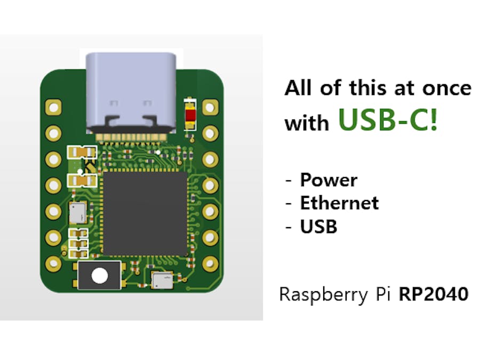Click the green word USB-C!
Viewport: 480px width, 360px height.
pyautogui.click(x=388, y=121)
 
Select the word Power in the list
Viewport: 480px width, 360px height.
pyautogui.click(x=329, y=180)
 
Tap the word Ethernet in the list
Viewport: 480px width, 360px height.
pyautogui.click(x=339, y=203)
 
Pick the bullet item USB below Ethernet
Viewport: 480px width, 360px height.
pyautogui.click(x=319, y=227)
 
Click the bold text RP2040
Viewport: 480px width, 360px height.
pyautogui.click(x=434, y=294)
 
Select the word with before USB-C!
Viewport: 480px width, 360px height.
pyautogui.click(x=306, y=123)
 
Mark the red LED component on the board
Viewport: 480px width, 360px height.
pyautogui.click(x=190, y=114)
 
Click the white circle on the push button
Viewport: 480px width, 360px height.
pyautogui.click(x=99, y=276)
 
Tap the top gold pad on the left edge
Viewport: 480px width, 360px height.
pyautogui.click(x=53, y=107)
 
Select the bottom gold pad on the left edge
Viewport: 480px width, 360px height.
pyautogui.click(x=53, y=262)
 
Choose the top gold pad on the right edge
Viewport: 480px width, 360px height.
pyautogui.click(x=210, y=107)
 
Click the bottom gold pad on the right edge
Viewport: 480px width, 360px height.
pyautogui.click(x=210, y=262)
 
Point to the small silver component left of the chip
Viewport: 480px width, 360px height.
pyautogui.click(x=77, y=212)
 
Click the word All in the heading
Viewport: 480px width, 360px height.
pyautogui.click(x=299, y=88)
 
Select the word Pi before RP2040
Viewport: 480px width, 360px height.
pyautogui.click(x=384, y=294)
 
